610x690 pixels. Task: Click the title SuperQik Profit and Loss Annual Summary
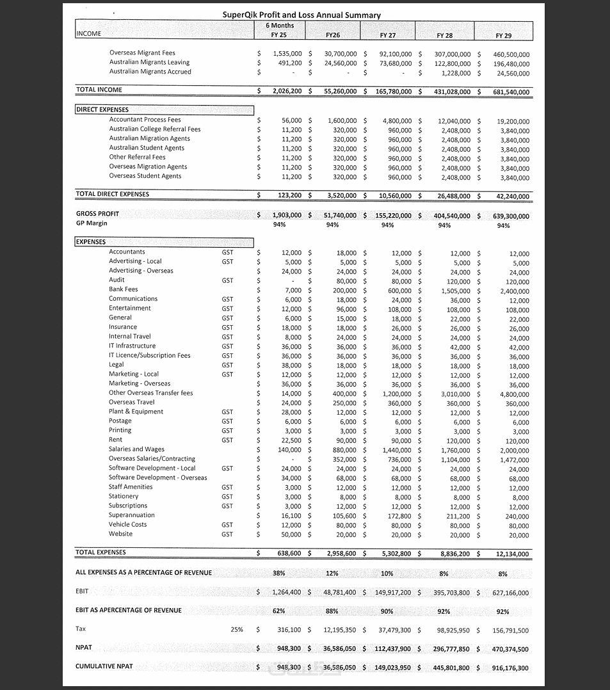pyautogui.click(x=301, y=15)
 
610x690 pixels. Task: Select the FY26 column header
pyautogui.click(x=332, y=35)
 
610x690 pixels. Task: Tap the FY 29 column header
pyautogui.click(x=503, y=36)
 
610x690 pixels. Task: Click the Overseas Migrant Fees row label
pyautogui.click(x=142, y=53)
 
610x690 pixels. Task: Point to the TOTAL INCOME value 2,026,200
pyautogui.click(x=287, y=92)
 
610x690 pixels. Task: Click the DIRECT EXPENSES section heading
pyautogui.click(x=102, y=110)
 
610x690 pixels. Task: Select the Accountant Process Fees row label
pyautogui.click(x=145, y=120)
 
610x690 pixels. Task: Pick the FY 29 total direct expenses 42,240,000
pyautogui.click(x=511, y=197)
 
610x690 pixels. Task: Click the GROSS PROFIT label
pyautogui.click(x=97, y=214)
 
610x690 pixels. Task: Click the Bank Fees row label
pyautogui.click(x=123, y=289)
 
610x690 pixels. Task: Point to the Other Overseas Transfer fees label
pyautogui.click(x=150, y=393)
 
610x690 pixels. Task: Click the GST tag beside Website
pyautogui.click(x=227, y=534)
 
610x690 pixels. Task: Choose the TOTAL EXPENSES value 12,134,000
pyautogui.click(x=511, y=554)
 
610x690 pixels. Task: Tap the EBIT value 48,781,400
pyautogui.click(x=341, y=593)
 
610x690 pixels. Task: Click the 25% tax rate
pyautogui.click(x=237, y=630)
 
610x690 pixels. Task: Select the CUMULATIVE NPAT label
pyautogui.click(x=104, y=666)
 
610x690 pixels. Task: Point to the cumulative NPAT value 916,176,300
pyautogui.click(x=511, y=668)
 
